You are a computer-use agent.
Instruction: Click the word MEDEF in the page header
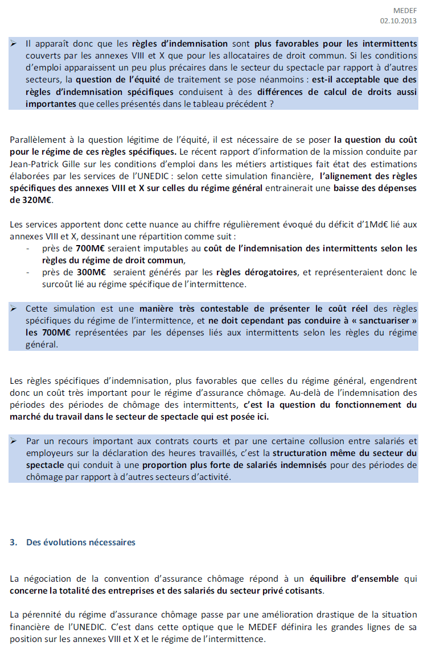[x=405, y=10]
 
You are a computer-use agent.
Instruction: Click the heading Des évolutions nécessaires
[x=81, y=542]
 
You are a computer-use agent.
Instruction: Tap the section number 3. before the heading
[x=14, y=542]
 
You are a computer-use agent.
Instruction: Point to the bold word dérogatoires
[x=271, y=272]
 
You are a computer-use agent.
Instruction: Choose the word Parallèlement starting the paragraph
[x=36, y=139]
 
